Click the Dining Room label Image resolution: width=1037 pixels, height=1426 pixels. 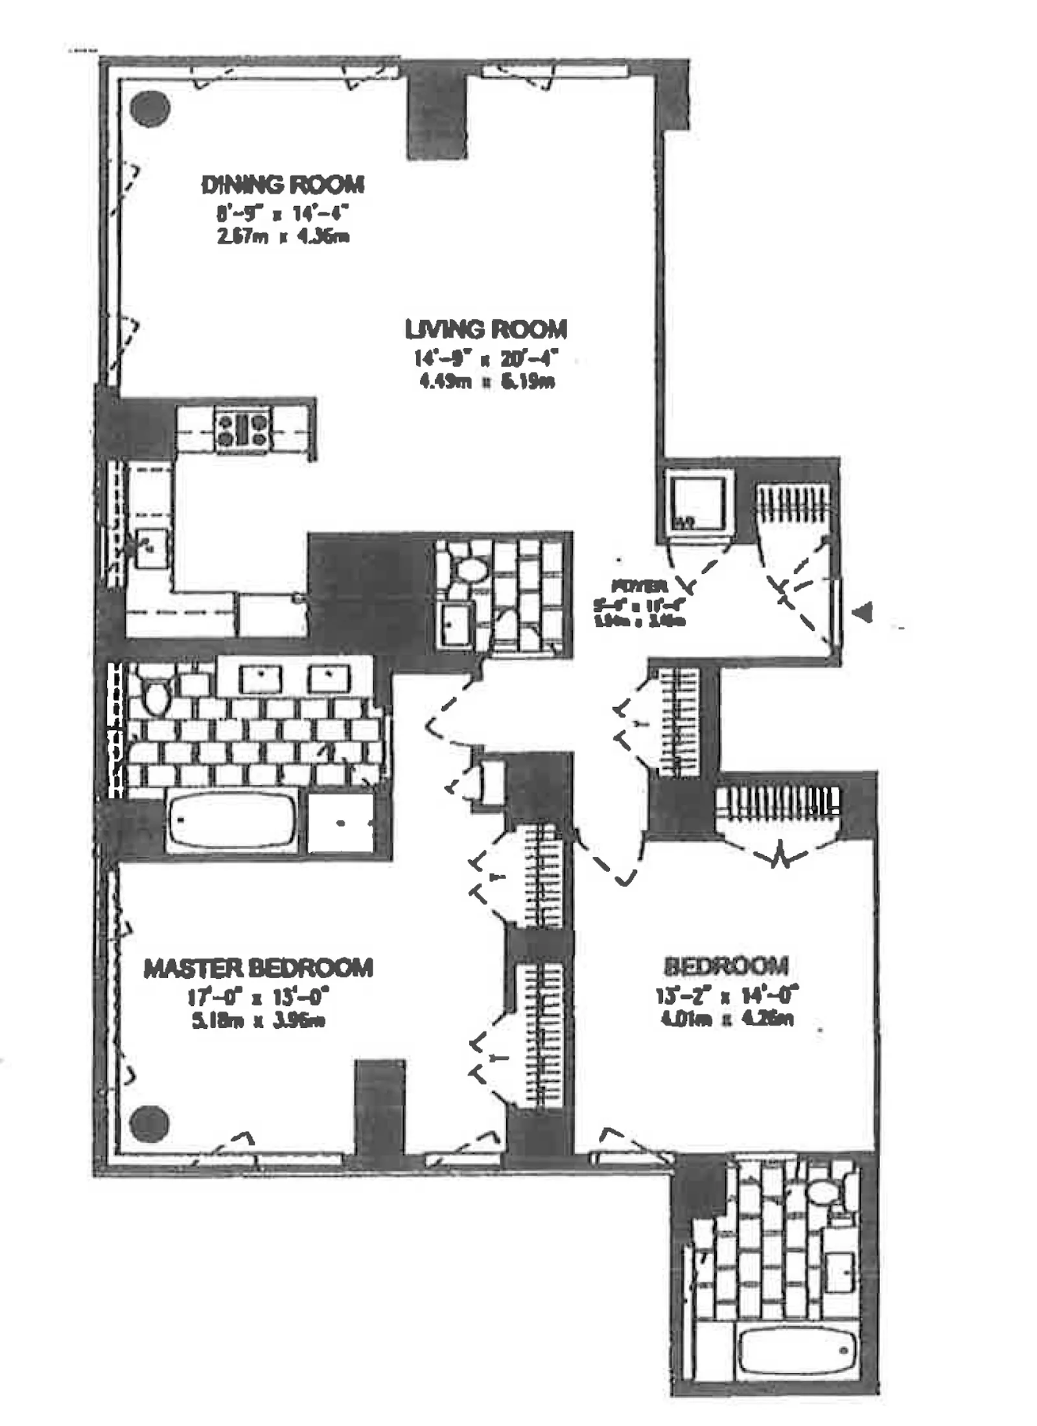pyautogui.click(x=283, y=185)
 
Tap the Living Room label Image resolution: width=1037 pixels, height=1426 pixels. pyautogui.click(x=486, y=329)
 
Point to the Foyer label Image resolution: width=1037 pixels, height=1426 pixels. pyautogui.click(x=638, y=587)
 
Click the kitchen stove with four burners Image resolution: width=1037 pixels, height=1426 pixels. pyautogui.click(x=242, y=429)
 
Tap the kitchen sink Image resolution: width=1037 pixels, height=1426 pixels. pyautogui.click(x=151, y=548)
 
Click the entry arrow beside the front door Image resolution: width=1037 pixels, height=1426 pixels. pyautogui.click(x=865, y=613)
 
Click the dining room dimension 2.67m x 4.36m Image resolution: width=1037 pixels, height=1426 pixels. pyautogui.click(x=283, y=237)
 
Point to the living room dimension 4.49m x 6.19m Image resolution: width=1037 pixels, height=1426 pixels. pyautogui.click(x=487, y=381)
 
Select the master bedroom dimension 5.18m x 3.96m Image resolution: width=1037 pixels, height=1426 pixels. pyautogui.click(x=257, y=1020)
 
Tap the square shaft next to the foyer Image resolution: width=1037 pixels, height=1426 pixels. pyautogui.click(x=696, y=500)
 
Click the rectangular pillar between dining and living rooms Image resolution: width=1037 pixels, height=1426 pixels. pyautogui.click(x=437, y=118)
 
